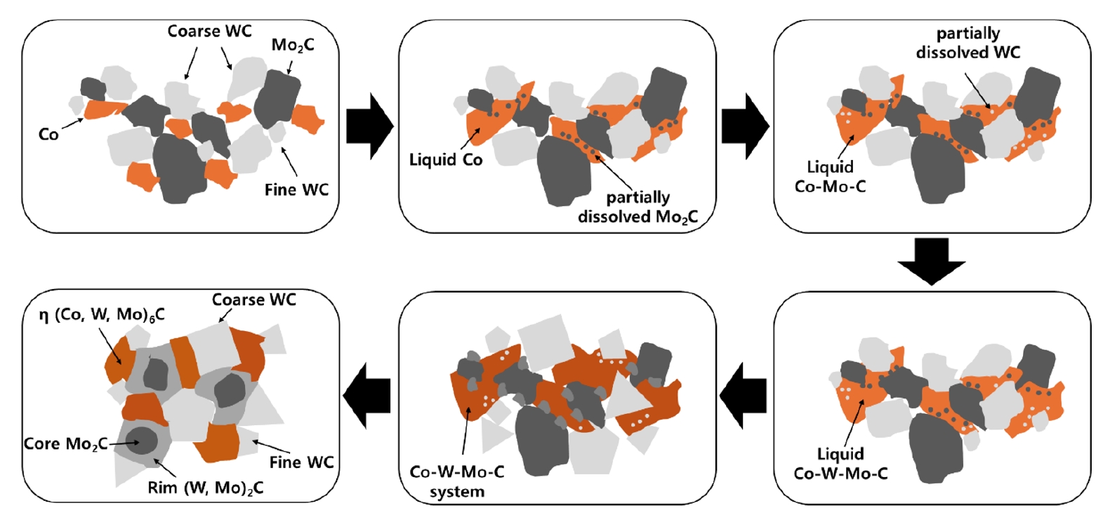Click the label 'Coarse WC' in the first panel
click(x=209, y=32)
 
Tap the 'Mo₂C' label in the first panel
click(x=293, y=46)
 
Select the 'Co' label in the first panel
click(x=48, y=134)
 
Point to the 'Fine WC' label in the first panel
click(x=296, y=189)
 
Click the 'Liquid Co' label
click(x=446, y=160)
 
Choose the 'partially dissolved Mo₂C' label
click(x=637, y=207)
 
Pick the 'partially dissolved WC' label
click(x=968, y=43)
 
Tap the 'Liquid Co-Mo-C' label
click(x=830, y=177)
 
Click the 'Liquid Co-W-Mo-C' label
click(x=840, y=464)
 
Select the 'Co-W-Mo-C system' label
click(x=457, y=481)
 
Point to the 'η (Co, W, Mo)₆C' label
click(x=102, y=315)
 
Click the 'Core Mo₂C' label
click(x=66, y=444)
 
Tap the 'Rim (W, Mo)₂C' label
click(x=206, y=488)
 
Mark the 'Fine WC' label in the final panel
click(x=301, y=462)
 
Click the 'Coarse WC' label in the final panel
click(x=254, y=300)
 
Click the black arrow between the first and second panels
click(x=370, y=126)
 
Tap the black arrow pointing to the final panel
click(x=367, y=395)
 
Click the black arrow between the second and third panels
click(x=746, y=126)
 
